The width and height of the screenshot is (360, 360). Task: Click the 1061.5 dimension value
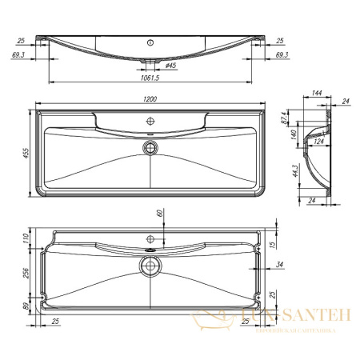coord(150,78)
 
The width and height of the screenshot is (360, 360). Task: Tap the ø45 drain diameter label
coord(170,66)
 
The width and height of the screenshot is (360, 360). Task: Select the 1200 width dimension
coord(150,98)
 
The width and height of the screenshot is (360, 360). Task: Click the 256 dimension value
coord(26,274)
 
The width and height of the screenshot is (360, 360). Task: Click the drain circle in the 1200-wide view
coord(149,147)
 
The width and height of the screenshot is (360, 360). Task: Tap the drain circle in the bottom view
coord(149,266)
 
